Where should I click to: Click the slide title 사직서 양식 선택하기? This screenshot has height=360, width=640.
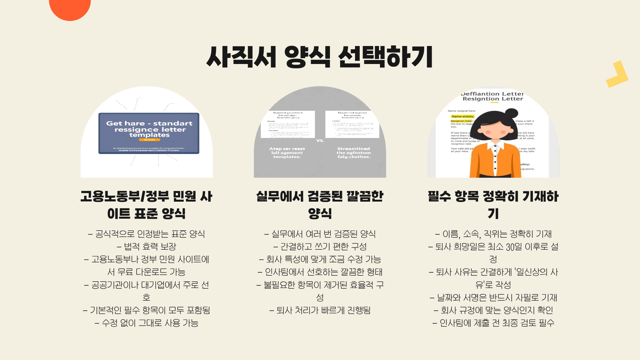319,57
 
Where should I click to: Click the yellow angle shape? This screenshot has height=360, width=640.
618,75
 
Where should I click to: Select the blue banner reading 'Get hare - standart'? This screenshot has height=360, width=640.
149,133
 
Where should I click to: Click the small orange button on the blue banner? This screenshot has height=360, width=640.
149,140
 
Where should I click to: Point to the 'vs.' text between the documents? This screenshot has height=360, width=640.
320,141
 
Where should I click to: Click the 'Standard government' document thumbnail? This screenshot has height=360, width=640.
288,124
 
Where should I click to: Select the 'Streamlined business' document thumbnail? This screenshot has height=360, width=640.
352,124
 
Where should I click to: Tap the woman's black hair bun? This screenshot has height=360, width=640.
511,113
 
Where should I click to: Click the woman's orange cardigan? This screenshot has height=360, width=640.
480,160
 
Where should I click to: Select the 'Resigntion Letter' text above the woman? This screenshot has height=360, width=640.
493,99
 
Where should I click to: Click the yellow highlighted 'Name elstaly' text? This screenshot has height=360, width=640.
462,117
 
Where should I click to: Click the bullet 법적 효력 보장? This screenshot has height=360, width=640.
147,247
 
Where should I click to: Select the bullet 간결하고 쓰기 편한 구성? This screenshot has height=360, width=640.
320,247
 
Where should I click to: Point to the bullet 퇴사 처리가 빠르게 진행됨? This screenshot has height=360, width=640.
320,310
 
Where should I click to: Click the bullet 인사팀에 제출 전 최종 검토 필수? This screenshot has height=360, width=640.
493,323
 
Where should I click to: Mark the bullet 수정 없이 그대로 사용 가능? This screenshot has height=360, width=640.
147,323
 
